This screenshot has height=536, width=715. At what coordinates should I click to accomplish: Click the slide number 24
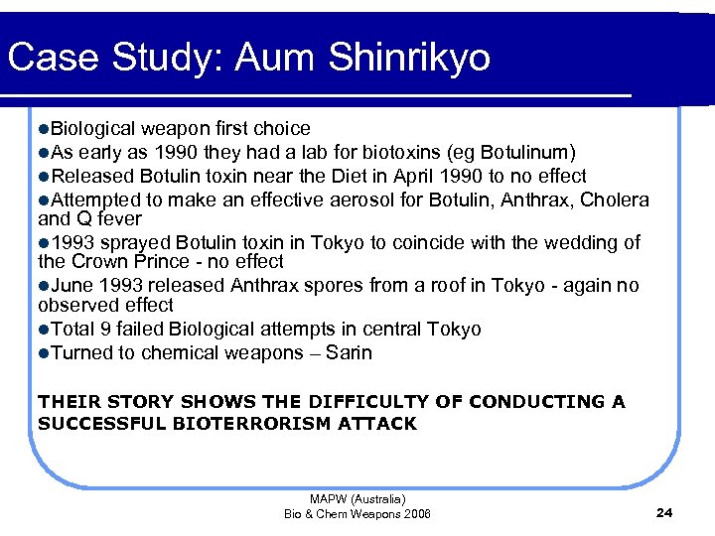click(x=665, y=512)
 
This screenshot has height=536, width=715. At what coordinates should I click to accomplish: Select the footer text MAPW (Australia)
click(x=357, y=499)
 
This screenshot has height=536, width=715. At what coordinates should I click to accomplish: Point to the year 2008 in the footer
click(x=416, y=513)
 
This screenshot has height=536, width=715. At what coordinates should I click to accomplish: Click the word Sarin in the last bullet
click(x=350, y=352)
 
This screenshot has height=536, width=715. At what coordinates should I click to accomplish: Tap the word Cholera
click(x=615, y=200)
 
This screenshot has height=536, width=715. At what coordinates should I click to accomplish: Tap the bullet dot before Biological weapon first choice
click(x=44, y=129)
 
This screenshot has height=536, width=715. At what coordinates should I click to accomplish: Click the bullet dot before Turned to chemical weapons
click(x=44, y=352)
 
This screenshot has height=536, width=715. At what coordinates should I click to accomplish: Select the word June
click(x=70, y=286)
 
